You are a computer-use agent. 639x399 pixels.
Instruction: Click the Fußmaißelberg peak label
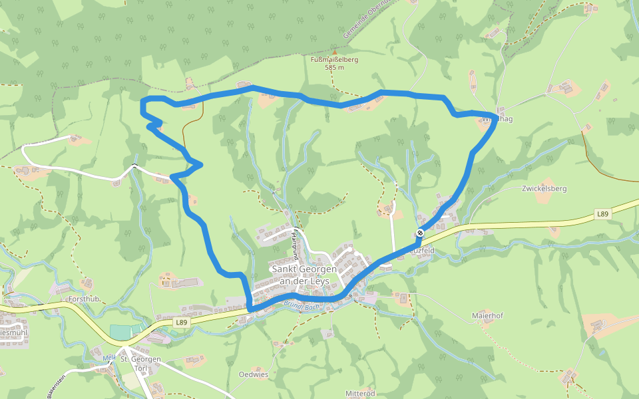pos(334,59)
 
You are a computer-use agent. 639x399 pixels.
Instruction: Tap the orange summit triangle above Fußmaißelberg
pos(335,51)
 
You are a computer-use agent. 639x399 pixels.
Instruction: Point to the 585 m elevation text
pos(334,67)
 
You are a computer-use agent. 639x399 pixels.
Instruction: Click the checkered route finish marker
pos(420,233)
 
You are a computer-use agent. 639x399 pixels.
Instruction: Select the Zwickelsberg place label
pos(544,188)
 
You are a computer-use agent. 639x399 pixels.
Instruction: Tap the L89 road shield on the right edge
pos(602,214)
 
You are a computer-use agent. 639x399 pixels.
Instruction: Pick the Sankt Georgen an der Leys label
pos(304,275)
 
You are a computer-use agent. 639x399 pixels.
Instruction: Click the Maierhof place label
pos(485,316)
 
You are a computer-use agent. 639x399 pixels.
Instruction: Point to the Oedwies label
pos(253,374)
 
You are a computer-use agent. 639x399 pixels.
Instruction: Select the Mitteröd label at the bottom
pos(362,393)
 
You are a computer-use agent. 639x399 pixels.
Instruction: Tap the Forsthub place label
pos(84,299)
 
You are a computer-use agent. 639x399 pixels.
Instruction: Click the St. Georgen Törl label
pos(140,363)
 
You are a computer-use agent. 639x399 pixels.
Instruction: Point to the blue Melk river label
pos(109,357)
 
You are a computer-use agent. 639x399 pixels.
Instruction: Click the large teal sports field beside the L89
pos(120,331)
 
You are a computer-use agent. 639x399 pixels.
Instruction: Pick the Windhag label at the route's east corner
pos(501,119)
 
